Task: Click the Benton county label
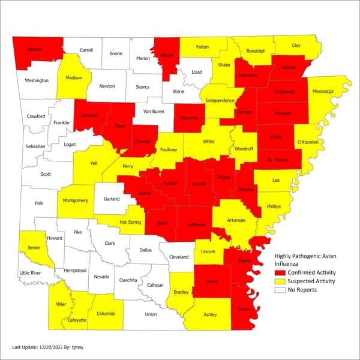(35, 49)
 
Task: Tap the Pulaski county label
(168, 182)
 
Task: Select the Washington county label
(36, 80)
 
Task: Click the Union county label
(151, 314)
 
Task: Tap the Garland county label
(112, 199)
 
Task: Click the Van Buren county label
(154, 111)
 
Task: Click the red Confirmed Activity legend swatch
(280, 272)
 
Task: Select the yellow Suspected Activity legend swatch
(280, 281)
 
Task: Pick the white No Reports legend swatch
(280, 290)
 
